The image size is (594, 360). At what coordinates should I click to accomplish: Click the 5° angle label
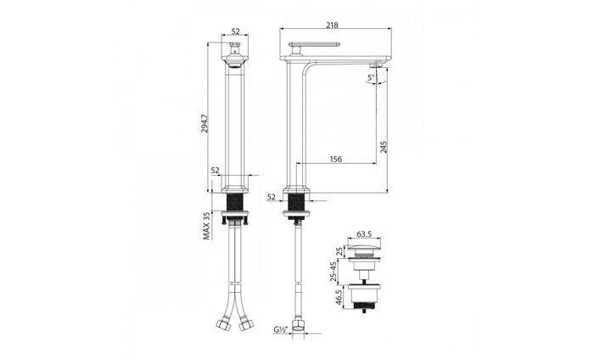pyautogui.click(x=371, y=79)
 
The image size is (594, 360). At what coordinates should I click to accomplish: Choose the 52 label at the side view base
pyautogui.click(x=272, y=197)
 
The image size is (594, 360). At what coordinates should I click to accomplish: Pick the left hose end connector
pyautogui.click(x=223, y=323)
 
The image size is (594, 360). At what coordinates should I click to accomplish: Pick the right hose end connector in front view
pyautogui.click(x=246, y=323)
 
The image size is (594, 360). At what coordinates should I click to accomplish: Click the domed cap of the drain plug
pyautogui.click(x=365, y=251)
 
